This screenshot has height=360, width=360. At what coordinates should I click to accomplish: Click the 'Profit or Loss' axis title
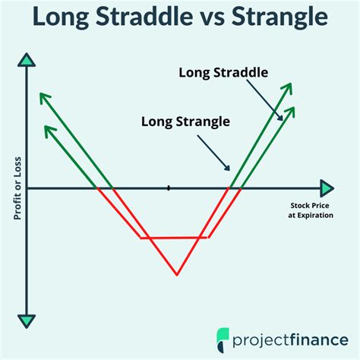[15, 186]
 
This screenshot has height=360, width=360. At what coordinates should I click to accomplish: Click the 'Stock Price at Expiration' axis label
[312, 210]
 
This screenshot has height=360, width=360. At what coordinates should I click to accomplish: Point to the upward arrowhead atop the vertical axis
[27, 60]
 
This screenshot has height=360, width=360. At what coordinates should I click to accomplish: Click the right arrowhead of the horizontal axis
[326, 188]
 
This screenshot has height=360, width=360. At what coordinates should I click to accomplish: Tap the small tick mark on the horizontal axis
[169, 187]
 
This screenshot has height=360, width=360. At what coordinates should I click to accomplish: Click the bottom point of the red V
[176, 274]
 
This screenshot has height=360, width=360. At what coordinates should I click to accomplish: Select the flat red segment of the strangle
[175, 238]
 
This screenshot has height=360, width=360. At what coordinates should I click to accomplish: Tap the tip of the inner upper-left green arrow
[46, 127]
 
